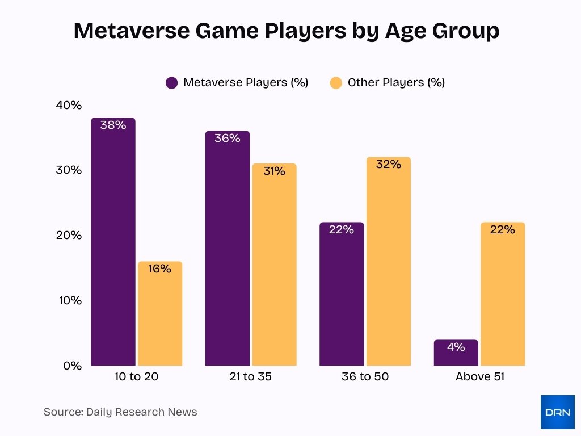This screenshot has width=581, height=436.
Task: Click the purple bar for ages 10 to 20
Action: click(x=113, y=244)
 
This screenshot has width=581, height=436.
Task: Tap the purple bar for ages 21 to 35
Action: click(x=227, y=250)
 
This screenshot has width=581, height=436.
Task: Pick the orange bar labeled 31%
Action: click(x=274, y=267)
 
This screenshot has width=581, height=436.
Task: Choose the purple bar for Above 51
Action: click(x=456, y=355)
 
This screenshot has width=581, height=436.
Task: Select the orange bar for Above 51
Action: click(x=503, y=295)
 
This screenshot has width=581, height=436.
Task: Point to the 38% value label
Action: click(x=113, y=125)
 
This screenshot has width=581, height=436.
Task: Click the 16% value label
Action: click(x=160, y=269)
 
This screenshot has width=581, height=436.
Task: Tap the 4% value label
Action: click(x=456, y=347)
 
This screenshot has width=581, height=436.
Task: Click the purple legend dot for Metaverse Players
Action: click(x=172, y=83)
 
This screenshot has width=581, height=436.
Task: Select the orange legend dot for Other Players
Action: click(x=336, y=83)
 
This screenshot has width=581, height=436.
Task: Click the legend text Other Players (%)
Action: click(x=396, y=83)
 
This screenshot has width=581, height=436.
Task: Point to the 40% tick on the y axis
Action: click(x=69, y=106)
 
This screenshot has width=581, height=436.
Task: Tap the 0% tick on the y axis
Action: click(x=71, y=366)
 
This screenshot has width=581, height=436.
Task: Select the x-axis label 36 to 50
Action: click(x=365, y=377)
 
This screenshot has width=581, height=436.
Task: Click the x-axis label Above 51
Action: click(x=479, y=377)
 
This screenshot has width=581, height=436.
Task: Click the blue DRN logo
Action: click(x=557, y=412)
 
